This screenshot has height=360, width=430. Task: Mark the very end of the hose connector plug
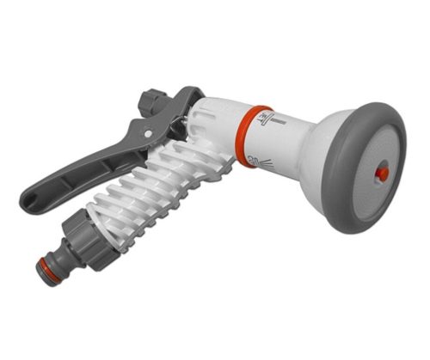42,269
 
